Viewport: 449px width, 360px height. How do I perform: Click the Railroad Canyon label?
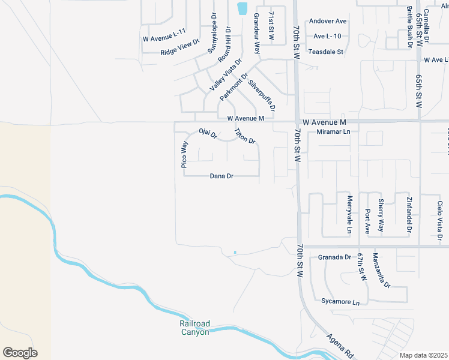tap(194, 328)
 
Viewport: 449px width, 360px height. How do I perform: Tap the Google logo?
tap(20, 353)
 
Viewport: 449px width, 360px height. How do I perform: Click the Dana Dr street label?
tap(221, 176)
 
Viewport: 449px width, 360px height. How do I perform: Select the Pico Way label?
tap(185, 154)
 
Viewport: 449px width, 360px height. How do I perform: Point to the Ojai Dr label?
tap(207, 133)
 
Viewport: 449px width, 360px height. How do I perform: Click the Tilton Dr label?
tap(245, 136)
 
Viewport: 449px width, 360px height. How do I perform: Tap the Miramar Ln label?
tap(333, 131)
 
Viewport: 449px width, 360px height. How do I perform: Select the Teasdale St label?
tap(325, 52)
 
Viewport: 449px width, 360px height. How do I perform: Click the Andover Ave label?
tap(328, 21)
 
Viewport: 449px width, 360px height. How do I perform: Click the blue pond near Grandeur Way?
tap(242, 8)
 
